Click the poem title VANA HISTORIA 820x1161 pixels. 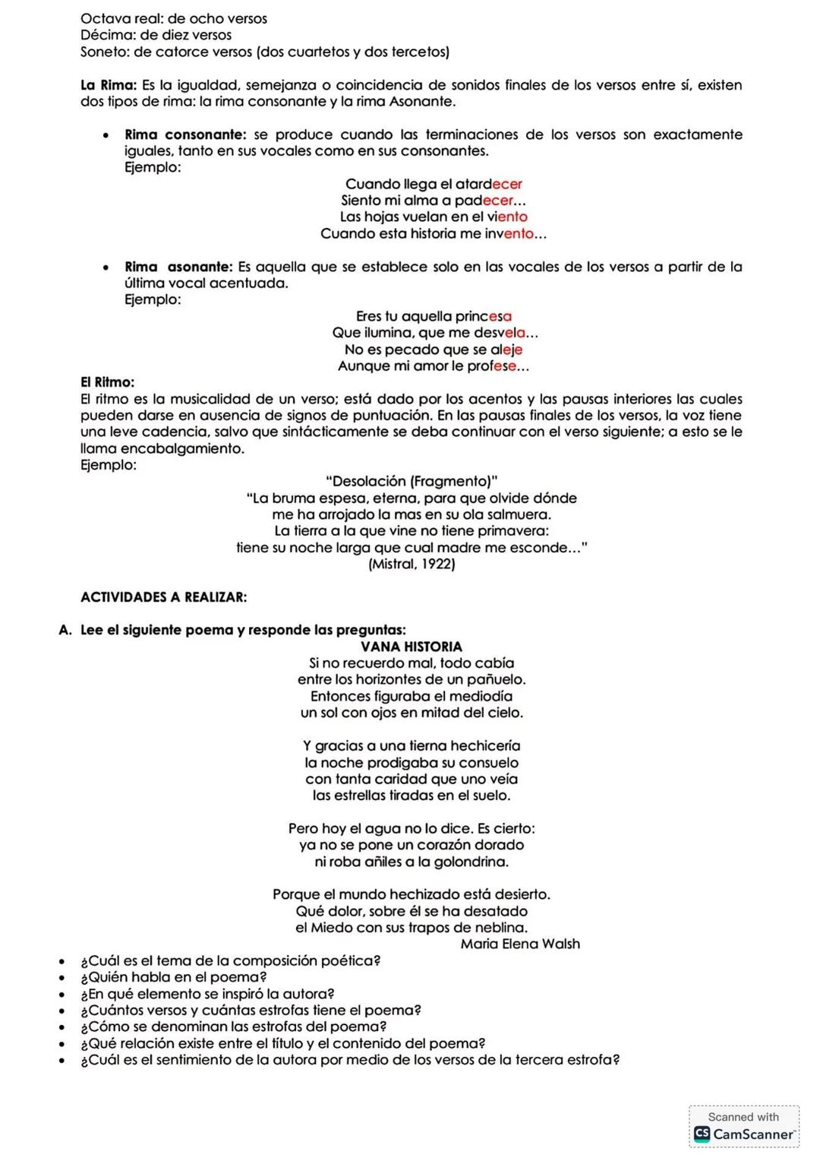pos(411,647)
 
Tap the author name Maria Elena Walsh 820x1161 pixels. pos(520,944)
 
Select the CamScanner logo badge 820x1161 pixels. pos(743,1127)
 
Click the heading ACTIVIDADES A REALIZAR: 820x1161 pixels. pos(163,597)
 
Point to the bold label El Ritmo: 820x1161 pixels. pos(107,382)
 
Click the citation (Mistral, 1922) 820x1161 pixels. pos(412,564)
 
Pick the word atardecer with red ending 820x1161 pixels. pos(488,184)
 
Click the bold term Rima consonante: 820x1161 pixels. pos(185,134)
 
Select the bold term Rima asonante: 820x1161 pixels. pos(178,267)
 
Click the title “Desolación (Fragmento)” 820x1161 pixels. pos(412,481)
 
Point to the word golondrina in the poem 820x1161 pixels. pos(471,862)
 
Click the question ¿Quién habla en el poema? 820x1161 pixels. pos(174,977)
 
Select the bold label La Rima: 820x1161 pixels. pos(109,85)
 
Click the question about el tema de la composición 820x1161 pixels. pos(231,960)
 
